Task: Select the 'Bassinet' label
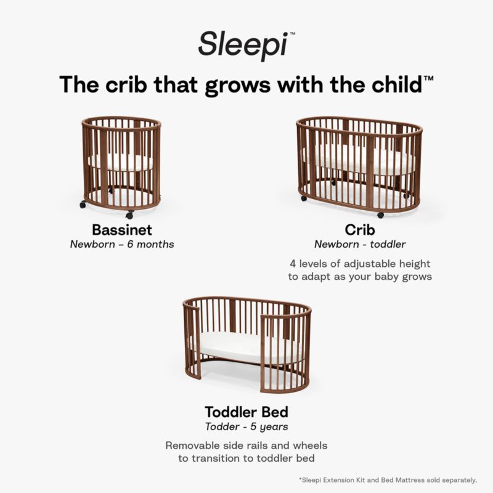[x=122, y=230]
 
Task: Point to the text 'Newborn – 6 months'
[x=122, y=244]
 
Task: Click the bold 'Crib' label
[x=361, y=230]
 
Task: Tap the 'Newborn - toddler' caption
[x=361, y=244]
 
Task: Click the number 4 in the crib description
[x=292, y=264]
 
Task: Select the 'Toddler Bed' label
[x=246, y=411]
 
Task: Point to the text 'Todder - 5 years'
[x=246, y=425]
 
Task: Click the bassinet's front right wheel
[x=129, y=215]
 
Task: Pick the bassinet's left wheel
[x=83, y=204]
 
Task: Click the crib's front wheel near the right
[x=380, y=215]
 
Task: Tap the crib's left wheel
[x=303, y=198]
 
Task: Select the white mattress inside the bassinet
[x=121, y=162]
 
